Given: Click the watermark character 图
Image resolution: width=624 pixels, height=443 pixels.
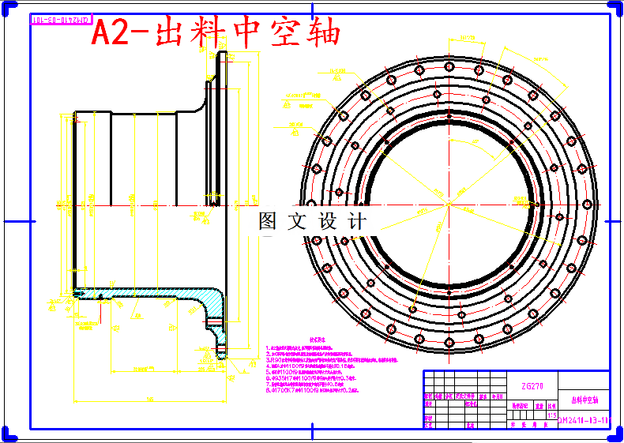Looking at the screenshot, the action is coord(269,222).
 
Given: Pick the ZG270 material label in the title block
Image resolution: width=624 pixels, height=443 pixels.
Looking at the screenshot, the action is coord(533,387).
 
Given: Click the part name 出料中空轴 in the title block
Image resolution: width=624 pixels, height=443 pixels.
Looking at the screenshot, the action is coord(585,401).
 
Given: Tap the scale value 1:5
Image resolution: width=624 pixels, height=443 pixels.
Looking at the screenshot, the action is coord(551,415).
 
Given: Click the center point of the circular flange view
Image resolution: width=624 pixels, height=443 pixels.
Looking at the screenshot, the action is coord(448,205).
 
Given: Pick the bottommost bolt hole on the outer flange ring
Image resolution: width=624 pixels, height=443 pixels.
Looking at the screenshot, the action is coord(448,342).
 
